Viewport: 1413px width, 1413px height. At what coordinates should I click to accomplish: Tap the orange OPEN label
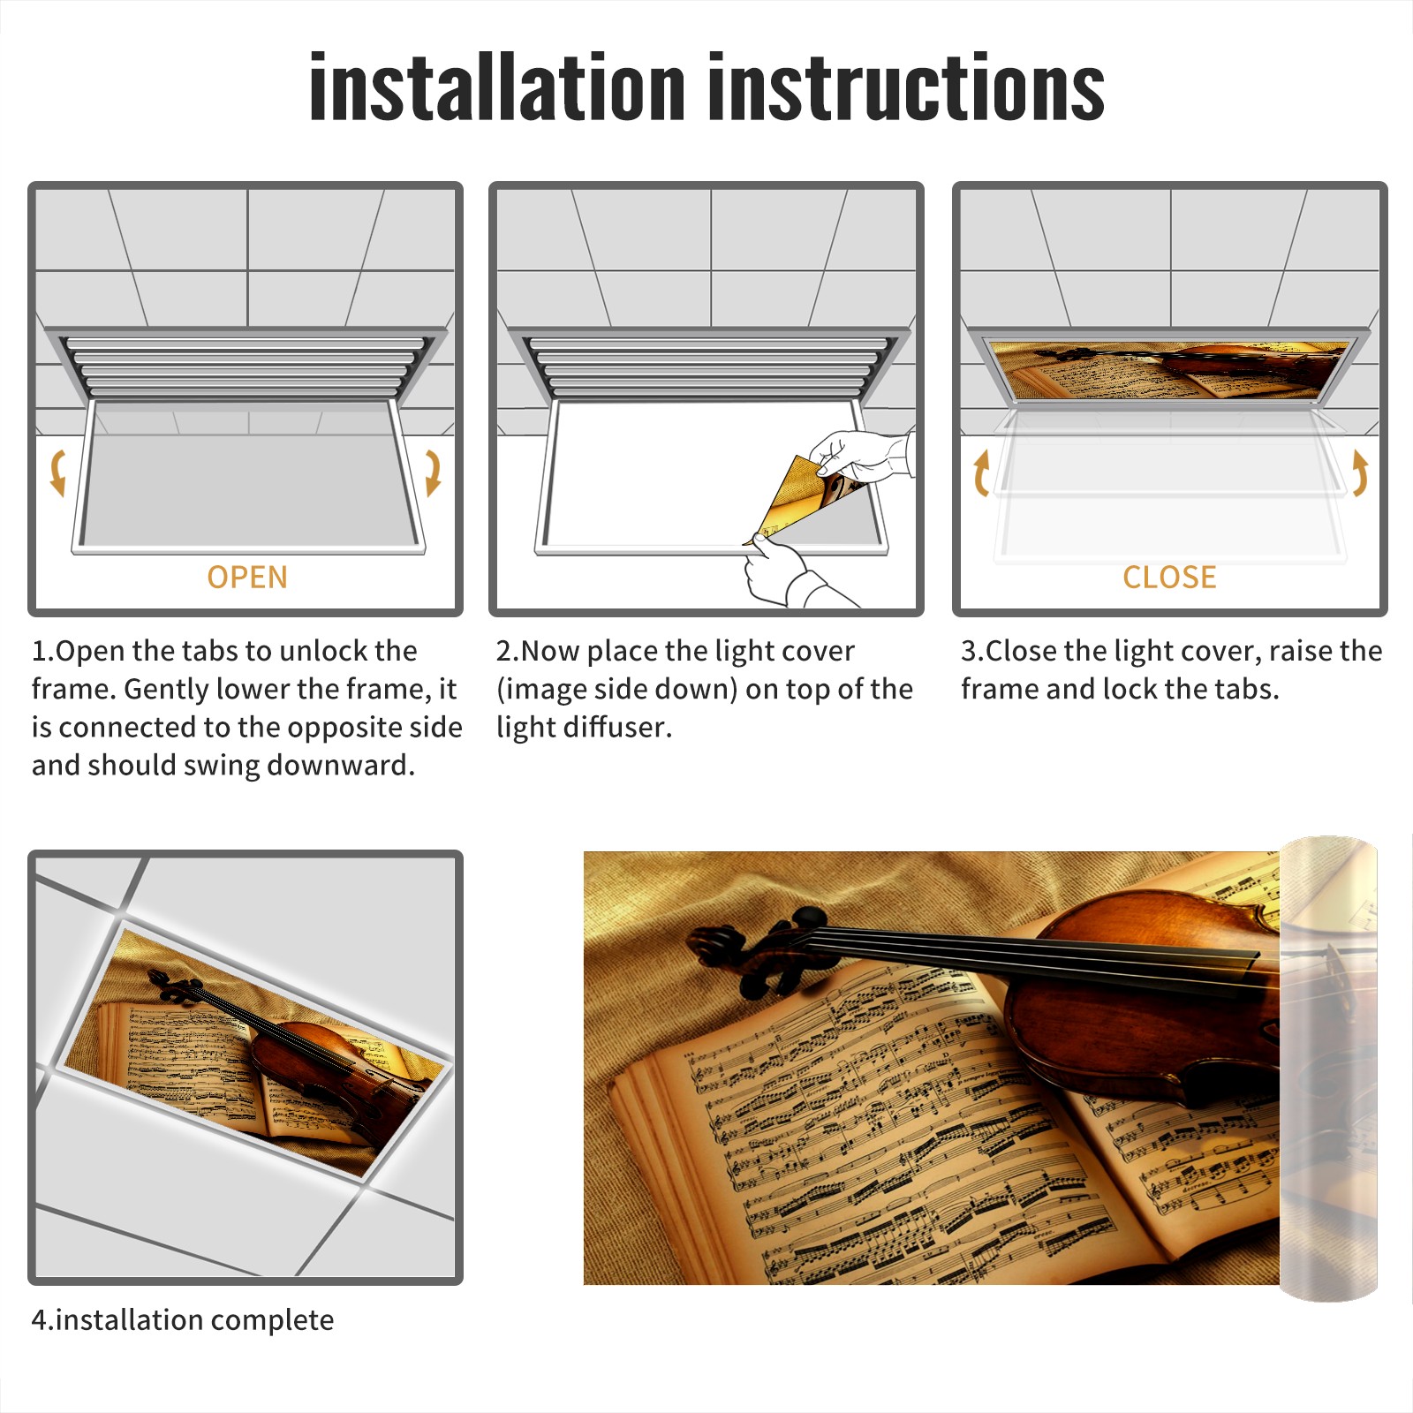click(x=247, y=577)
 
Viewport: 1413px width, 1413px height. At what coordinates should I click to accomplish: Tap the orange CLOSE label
click(x=1169, y=577)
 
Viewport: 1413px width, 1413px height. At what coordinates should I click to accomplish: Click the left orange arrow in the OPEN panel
click(x=58, y=472)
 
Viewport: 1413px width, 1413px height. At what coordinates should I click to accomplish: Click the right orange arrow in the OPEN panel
click(x=433, y=472)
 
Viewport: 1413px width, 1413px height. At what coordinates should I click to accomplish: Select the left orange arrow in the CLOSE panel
click(x=981, y=472)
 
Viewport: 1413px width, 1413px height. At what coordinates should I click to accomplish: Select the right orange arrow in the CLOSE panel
click(x=1360, y=472)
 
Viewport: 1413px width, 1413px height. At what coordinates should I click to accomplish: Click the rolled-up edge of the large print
click(x=1328, y=1069)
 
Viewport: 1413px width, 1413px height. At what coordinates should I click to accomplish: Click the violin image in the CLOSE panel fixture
click(x=1170, y=369)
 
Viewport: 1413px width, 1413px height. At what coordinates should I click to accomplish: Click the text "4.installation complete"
click(x=183, y=1319)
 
